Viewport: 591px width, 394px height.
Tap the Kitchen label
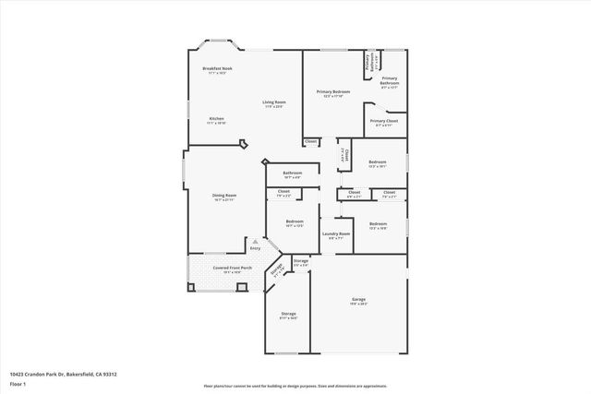tap(216, 119)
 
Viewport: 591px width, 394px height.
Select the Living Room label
tap(273, 102)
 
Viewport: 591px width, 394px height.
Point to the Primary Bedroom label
tap(333, 92)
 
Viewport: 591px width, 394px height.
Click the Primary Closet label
tap(384, 121)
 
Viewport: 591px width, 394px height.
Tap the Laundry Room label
tap(336, 234)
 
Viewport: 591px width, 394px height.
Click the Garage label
tap(357, 300)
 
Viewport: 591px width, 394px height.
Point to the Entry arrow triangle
tap(256, 241)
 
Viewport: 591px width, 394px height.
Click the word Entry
tap(255, 248)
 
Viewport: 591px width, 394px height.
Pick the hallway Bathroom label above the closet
tap(293, 173)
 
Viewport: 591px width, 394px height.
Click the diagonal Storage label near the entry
tap(276, 271)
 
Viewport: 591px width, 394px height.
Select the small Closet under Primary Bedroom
tap(311, 141)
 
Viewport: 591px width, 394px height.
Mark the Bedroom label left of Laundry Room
tap(295, 222)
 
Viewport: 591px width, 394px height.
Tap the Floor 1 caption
tap(18, 383)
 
